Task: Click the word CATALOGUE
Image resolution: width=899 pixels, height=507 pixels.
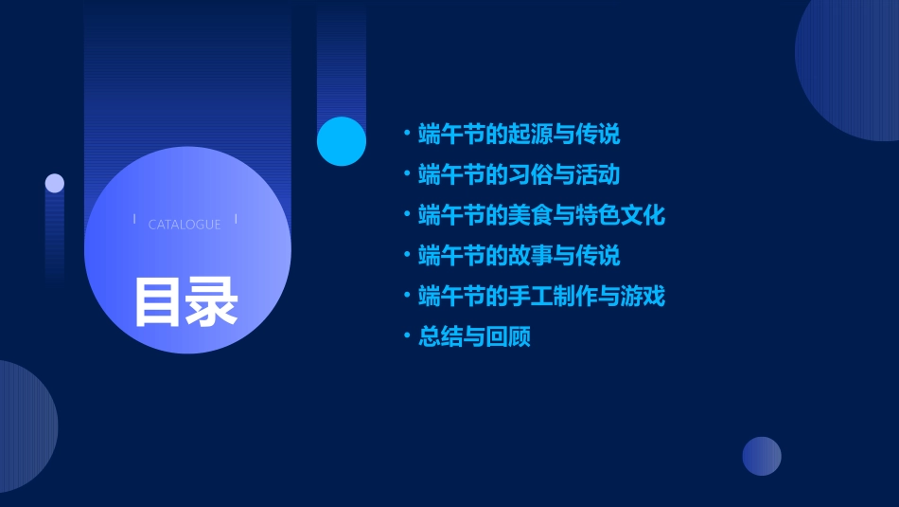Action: tap(185, 225)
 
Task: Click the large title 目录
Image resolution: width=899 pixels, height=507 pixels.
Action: tap(185, 301)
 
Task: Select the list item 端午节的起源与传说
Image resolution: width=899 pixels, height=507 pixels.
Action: tap(519, 135)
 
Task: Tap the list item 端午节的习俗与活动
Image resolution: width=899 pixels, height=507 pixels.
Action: tap(519, 175)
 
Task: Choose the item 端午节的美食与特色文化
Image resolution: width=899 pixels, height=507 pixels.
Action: tap(541, 215)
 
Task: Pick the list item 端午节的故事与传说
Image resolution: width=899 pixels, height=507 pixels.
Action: tap(519, 256)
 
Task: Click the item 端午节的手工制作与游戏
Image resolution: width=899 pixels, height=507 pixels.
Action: tap(541, 297)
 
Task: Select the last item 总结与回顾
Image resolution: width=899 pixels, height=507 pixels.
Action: tap(474, 336)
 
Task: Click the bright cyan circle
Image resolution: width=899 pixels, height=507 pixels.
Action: tap(342, 141)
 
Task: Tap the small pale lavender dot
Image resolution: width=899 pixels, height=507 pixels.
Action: tap(55, 183)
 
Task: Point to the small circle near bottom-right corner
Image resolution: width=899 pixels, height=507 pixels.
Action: tap(762, 456)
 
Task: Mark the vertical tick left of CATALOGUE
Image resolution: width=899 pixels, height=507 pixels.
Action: tap(134, 219)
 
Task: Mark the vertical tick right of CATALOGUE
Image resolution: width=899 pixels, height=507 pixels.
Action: tap(236, 219)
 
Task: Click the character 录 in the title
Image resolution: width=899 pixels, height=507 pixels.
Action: tap(212, 301)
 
